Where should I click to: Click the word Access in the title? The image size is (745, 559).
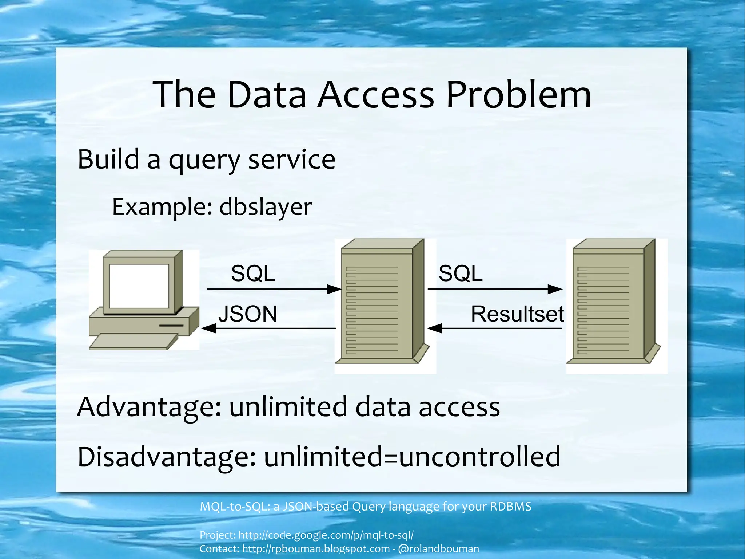(x=375, y=95)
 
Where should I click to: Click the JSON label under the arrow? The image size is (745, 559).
(x=248, y=314)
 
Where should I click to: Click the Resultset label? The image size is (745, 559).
(x=517, y=314)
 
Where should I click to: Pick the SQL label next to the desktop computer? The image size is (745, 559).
(x=253, y=273)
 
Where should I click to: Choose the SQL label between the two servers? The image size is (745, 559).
(x=460, y=273)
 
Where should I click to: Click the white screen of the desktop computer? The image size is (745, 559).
(x=139, y=286)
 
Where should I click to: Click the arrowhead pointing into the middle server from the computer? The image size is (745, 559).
(x=334, y=290)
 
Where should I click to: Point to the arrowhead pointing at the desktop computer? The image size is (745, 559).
(x=208, y=328)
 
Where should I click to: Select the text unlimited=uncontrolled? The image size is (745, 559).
(x=412, y=457)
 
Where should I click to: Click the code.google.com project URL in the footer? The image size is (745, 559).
(x=326, y=535)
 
